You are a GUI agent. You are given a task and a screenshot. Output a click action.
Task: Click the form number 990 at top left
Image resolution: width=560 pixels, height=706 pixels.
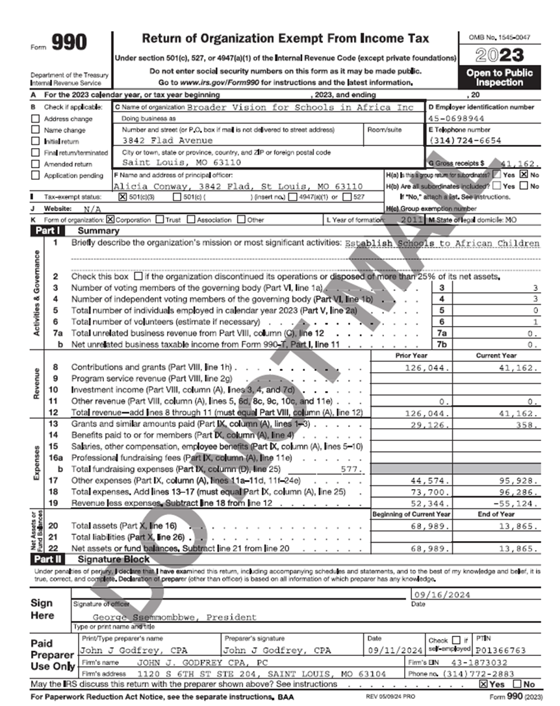coord(68,44)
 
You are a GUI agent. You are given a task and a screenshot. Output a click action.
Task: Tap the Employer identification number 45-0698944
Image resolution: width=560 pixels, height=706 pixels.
coord(457,119)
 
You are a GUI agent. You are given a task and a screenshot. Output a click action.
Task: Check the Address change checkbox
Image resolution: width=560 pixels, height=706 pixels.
coord(36,120)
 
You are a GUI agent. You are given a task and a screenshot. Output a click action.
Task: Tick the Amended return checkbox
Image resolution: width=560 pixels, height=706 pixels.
coord(36,164)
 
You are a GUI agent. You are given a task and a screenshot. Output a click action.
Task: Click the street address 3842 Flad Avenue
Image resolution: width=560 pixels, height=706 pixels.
coord(168,140)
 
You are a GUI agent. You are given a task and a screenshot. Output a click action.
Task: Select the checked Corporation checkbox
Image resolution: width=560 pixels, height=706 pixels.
coord(110,220)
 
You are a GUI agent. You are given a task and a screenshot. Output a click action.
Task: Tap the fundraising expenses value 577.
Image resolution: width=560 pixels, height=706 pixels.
coord(351,468)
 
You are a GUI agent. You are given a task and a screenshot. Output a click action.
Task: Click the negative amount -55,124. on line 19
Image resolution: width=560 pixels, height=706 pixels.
coord(516,503)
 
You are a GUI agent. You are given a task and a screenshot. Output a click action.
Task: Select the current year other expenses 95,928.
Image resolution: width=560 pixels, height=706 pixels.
coord(518,481)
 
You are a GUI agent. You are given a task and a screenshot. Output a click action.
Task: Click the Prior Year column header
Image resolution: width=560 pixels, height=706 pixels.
coord(411,355)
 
